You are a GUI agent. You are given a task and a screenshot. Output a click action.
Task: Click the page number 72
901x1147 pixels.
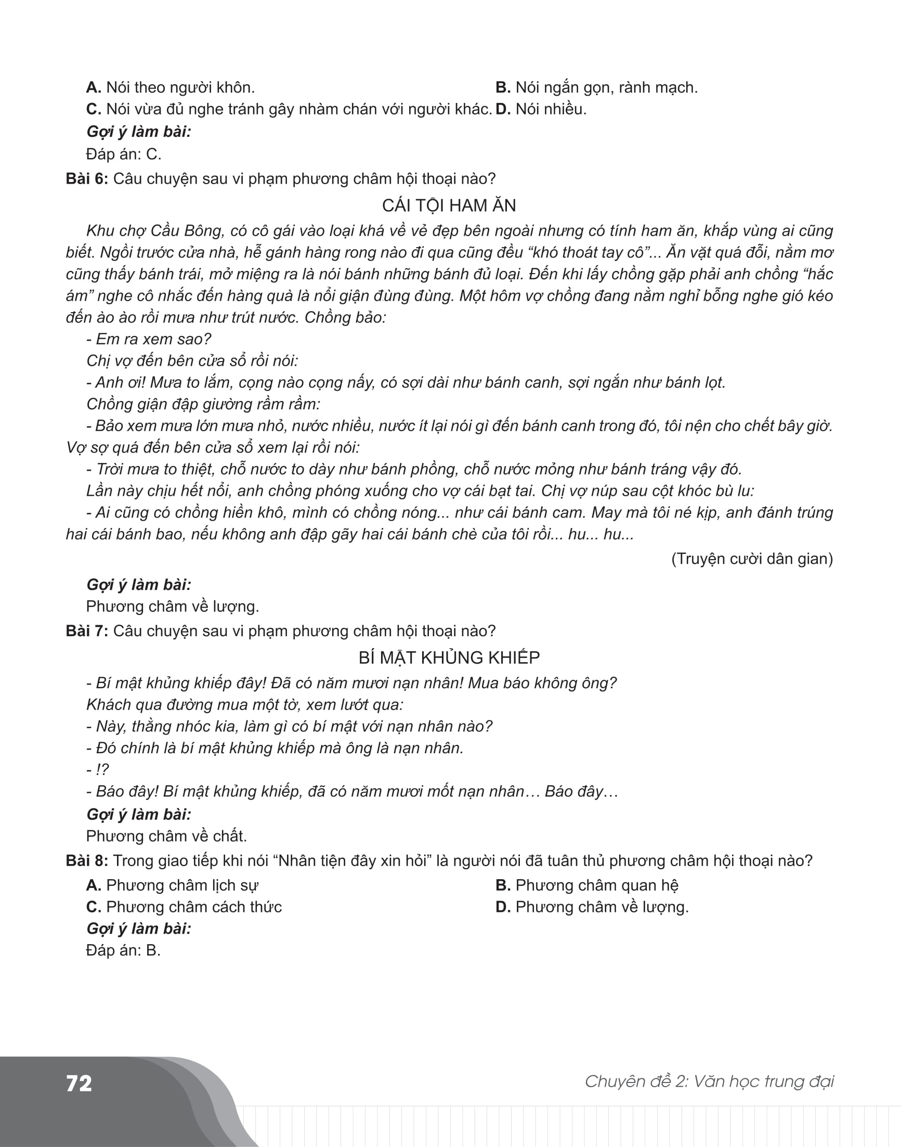tap(79, 1083)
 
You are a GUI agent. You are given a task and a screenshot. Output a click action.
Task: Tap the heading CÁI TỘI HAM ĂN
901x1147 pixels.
tap(449, 205)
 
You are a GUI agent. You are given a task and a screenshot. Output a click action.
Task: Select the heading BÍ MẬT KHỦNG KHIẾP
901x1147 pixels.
tap(449, 658)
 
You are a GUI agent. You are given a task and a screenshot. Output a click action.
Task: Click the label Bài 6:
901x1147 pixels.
tap(87, 179)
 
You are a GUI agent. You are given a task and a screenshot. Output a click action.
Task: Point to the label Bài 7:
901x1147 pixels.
tap(87, 631)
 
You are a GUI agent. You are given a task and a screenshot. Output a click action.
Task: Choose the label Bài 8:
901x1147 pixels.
tap(87, 861)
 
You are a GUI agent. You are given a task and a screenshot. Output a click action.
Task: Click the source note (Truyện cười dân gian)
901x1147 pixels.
tap(752, 559)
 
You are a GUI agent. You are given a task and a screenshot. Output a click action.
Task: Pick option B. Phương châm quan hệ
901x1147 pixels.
tap(586, 885)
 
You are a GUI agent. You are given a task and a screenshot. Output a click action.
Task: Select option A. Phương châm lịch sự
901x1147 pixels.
tap(172, 885)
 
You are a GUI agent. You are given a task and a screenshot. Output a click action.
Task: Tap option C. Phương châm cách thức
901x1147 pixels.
tap(184, 907)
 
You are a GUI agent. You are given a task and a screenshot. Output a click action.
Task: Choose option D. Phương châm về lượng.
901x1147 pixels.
tap(592, 907)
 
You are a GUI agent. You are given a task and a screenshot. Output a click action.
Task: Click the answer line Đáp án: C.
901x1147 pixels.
tap(123, 154)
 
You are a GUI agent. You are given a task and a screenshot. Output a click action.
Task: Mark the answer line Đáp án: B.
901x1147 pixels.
tap(123, 950)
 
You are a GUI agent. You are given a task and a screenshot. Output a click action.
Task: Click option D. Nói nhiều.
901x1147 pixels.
tap(541, 109)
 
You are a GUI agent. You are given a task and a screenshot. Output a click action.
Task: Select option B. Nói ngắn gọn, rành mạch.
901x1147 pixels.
tap(596, 87)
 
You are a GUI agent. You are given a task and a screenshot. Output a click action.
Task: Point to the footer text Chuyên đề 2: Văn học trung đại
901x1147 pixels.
tap(709, 1081)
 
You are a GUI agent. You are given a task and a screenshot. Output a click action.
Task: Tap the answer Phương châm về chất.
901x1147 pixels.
tap(166, 836)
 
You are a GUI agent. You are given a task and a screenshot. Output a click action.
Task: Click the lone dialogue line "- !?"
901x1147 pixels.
tap(98, 770)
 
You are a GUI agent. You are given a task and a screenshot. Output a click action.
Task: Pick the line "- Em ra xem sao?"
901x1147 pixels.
tap(148, 339)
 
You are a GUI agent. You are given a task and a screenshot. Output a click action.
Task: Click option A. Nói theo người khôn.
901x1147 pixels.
tap(171, 87)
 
